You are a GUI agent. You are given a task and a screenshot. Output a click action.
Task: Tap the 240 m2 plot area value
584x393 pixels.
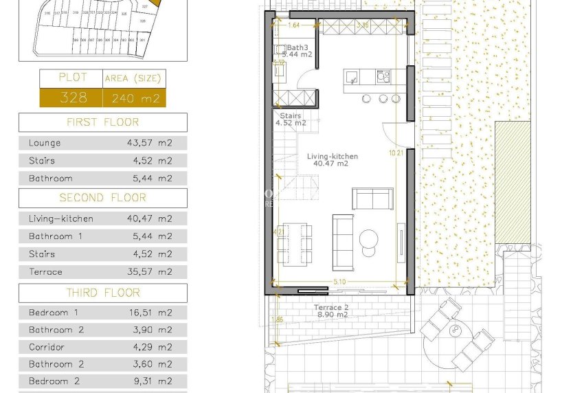[134, 98]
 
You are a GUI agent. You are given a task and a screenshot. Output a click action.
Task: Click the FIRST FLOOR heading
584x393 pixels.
[102, 122]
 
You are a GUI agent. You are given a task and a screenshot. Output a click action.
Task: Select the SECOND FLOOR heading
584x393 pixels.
[102, 198]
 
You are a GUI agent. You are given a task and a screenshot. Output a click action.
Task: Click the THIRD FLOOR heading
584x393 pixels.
[102, 293]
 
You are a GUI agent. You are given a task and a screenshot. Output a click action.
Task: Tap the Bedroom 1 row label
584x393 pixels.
[54, 313]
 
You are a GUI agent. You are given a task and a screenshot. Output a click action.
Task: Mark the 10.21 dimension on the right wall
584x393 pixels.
[396, 153]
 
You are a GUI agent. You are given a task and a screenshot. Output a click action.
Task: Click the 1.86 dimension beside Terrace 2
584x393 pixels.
[276, 319]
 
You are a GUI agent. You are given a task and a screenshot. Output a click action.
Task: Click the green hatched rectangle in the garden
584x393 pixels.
[513, 183]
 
